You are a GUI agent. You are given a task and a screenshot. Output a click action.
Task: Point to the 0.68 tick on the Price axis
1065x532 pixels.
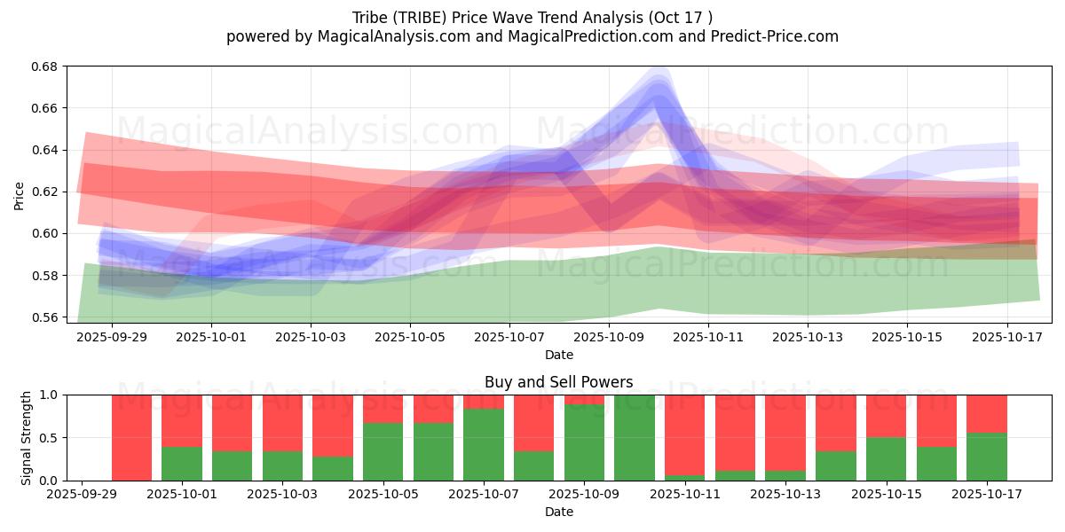pyautogui.click(x=46, y=66)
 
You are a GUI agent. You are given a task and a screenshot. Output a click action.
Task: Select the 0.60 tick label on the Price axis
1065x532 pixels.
pyautogui.click(x=46, y=234)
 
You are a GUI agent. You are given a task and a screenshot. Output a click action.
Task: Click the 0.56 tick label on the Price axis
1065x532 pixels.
pyautogui.click(x=46, y=317)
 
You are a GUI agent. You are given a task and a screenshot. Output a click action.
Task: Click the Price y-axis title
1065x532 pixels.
pyautogui.click(x=20, y=195)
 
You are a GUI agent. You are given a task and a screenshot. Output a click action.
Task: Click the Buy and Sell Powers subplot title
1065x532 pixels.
pyautogui.click(x=558, y=382)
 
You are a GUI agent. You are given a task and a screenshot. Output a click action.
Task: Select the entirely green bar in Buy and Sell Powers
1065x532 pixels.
pyautogui.click(x=635, y=437)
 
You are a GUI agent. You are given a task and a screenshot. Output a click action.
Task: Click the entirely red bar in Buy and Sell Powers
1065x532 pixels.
pyautogui.click(x=131, y=437)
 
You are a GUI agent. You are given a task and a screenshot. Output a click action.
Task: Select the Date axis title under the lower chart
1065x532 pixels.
pyautogui.click(x=558, y=512)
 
